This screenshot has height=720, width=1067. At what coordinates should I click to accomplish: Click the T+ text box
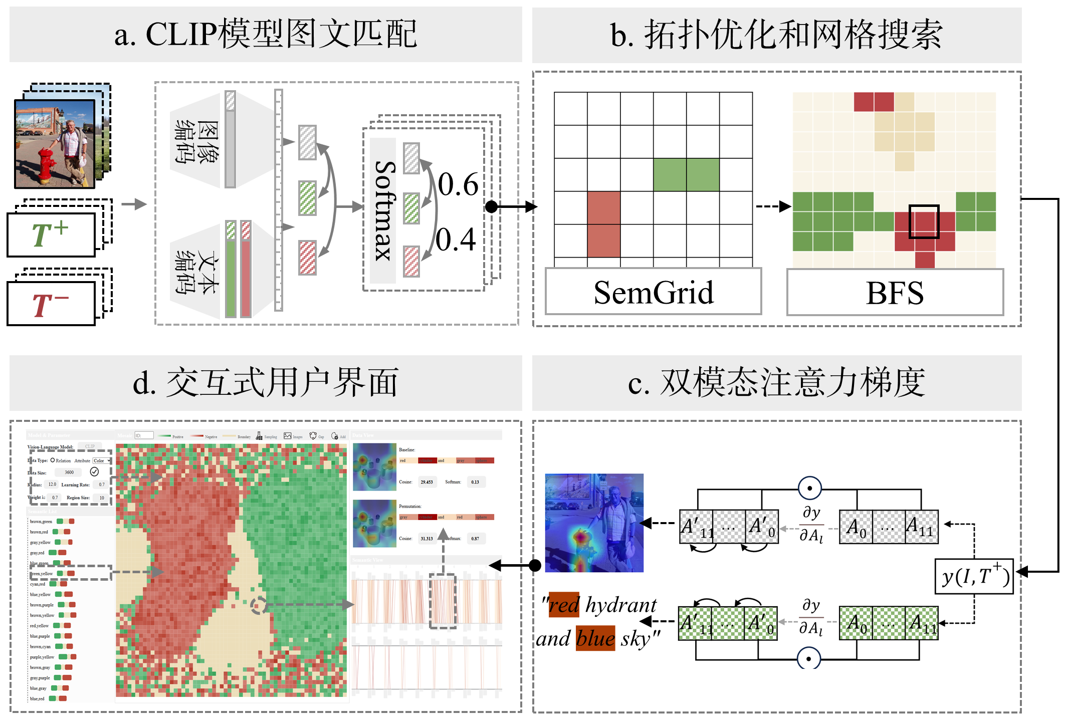(51, 234)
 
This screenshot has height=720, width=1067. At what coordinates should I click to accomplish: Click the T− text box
(51, 304)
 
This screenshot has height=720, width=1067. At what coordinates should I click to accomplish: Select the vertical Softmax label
(384, 210)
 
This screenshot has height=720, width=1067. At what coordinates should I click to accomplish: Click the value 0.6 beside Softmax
(458, 184)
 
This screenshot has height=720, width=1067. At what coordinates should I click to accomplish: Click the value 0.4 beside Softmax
(455, 239)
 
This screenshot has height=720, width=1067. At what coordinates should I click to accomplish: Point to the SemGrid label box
(653, 292)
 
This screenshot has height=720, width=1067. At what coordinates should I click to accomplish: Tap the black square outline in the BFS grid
(924, 221)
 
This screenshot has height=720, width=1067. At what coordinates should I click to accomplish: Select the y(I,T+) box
(974, 576)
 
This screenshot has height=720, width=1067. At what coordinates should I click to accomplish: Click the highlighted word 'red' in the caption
(564, 605)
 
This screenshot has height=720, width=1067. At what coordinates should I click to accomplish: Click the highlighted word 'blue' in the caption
(595, 638)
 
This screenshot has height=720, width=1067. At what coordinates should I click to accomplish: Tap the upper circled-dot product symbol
(809, 488)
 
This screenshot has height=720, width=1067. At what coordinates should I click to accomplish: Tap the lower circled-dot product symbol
(808, 658)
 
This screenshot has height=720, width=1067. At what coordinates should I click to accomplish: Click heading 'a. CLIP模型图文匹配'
(266, 35)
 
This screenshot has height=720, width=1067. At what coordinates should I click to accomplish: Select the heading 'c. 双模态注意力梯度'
(776, 383)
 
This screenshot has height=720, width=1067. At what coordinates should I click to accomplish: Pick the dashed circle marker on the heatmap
(258, 605)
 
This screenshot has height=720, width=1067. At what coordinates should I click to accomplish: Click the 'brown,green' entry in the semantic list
(41, 522)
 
